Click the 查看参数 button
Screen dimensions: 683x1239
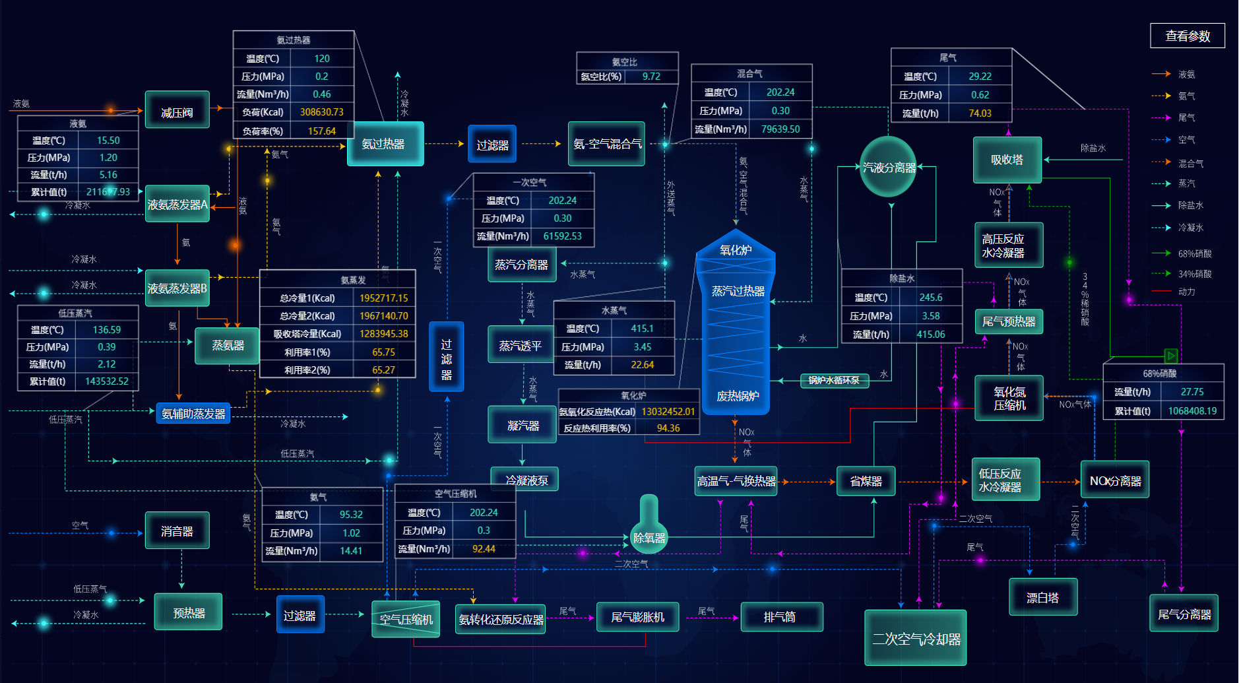[x=1187, y=36]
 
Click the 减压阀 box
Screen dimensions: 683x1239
[x=177, y=110]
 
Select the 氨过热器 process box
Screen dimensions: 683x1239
[x=385, y=144]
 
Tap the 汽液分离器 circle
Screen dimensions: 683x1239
[x=889, y=167]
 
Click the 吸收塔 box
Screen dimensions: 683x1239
[x=1007, y=160]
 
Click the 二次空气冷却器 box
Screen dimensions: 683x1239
[x=916, y=638]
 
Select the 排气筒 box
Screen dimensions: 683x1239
[x=781, y=617]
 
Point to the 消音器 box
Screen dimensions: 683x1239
[x=177, y=531]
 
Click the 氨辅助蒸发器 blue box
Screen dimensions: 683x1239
[x=193, y=414]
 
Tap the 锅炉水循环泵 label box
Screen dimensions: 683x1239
[x=834, y=380]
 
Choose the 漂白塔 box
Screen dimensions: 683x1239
[x=1042, y=597]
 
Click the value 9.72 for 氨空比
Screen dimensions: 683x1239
[x=651, y=77]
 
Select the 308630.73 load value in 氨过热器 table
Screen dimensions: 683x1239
[x=322, y=112]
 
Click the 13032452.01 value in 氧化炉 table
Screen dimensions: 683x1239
[x=668, y=411]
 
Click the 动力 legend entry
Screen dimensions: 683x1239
[x=1186, y=292]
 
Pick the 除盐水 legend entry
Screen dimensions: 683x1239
[x=1190, y=205]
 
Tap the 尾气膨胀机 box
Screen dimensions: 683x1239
[x=637, y=617]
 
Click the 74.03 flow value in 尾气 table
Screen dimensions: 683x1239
[x=980, y=113]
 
